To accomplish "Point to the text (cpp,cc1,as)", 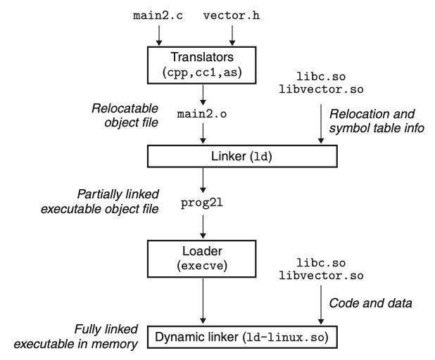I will pos(203,73).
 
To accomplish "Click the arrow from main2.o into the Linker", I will pos(203,131).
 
